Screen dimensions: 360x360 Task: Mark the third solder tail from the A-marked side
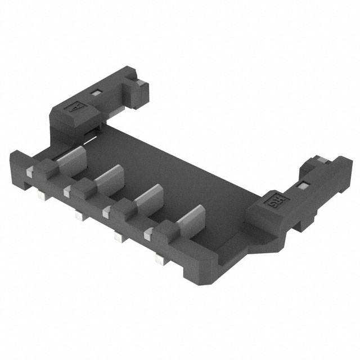(118, 238)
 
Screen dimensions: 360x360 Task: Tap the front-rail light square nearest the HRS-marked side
(147, 232)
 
